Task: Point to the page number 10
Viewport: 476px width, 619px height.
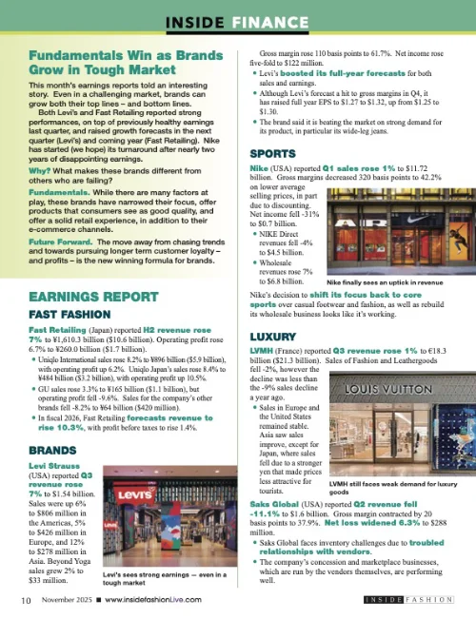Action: pos(30,601)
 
